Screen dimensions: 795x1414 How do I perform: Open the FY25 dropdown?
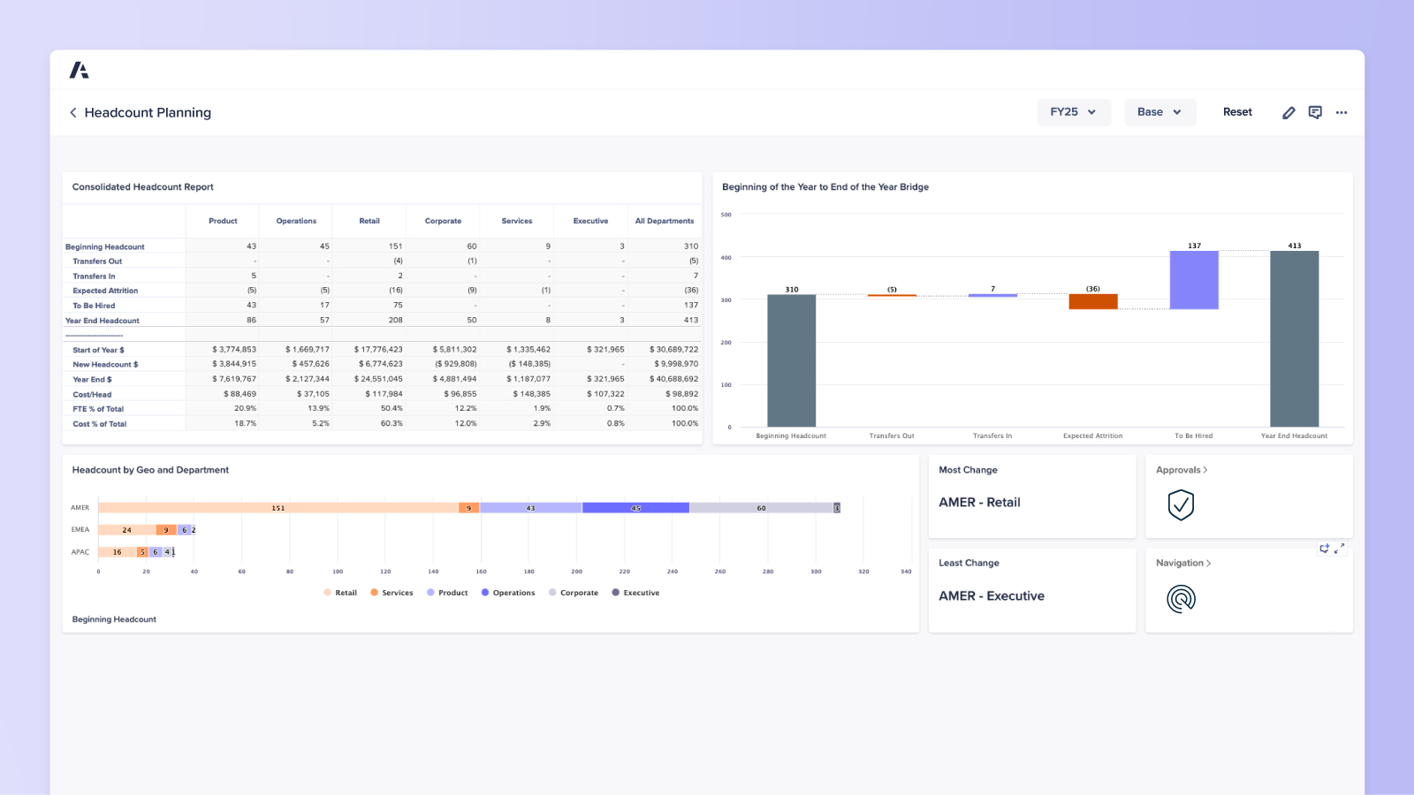click(x=1073, y=112)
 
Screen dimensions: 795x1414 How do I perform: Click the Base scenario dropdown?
click(x=1159, y=112)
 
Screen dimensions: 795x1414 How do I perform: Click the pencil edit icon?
click(x=1289, y=112)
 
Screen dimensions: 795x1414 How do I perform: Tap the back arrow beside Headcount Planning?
click(x=73, y=112)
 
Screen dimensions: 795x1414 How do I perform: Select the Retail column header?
click(x=369, y=221)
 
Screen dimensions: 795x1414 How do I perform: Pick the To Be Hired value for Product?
click(x=251, y=305)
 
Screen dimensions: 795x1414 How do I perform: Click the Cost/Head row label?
click(x=92, y=395)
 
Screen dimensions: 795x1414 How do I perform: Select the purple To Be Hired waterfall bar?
click(x=1193, y=279)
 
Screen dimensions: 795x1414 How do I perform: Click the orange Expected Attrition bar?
click(x=1092, y=301)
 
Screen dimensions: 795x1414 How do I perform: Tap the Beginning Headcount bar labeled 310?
click(x=791, y=360)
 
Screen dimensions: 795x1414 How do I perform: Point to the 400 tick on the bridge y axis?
click(x=726, y=258)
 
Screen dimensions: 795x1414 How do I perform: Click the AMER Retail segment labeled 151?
click(x=277, y=508)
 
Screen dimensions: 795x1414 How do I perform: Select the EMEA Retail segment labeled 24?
click(x=126, y=530)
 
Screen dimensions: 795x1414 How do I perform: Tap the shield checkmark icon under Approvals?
click(x=1181, y=505)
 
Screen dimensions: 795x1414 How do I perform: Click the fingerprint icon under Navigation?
click(x=1181, y=599)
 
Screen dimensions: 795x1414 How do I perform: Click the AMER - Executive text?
click(x=991, y=596)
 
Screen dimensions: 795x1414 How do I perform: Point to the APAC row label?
click(x=80, y=552)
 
